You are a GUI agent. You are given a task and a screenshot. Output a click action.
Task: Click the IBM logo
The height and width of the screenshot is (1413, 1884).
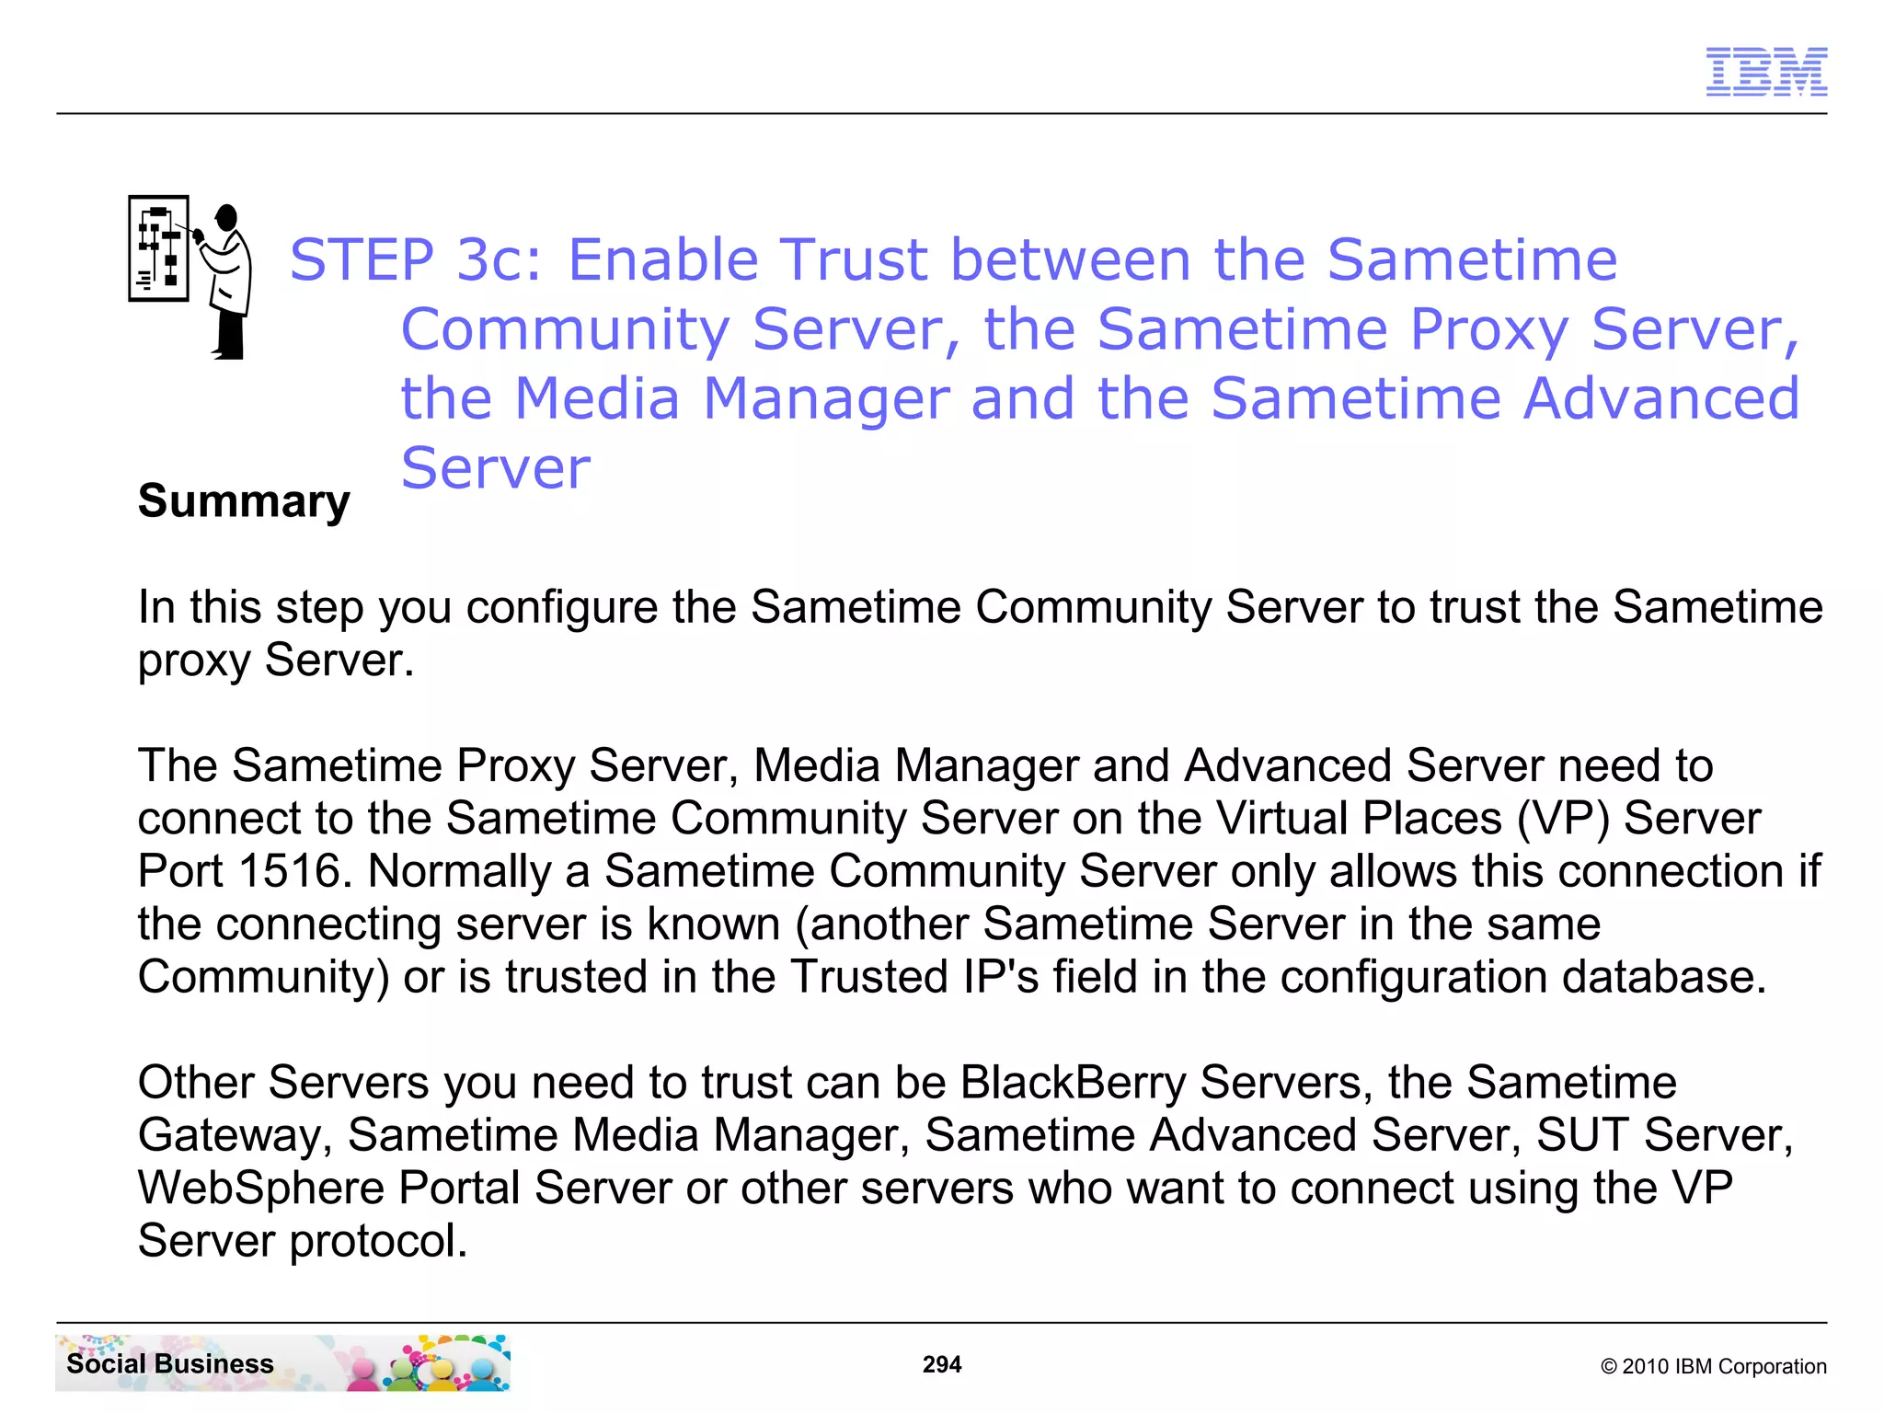[x=1765, y=72]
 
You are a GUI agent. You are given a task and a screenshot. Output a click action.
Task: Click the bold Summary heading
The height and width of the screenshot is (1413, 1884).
[x=244, y=501]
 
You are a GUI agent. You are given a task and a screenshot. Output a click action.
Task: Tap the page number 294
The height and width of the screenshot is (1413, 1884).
[x=941, y=1364]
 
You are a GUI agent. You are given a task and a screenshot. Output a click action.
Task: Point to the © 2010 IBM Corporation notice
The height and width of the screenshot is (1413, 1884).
[x=1713, y=1366]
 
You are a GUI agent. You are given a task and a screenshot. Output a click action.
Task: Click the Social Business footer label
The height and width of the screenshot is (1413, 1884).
[x=170, y=1363]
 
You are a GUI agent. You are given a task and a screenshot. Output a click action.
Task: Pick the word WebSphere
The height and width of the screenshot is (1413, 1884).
[x=260, y=1188]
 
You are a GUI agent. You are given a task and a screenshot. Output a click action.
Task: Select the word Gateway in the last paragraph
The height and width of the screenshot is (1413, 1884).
[x=235, y=1135]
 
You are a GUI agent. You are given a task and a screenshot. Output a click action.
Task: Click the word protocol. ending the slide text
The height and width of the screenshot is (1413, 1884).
[x=378, y=1241]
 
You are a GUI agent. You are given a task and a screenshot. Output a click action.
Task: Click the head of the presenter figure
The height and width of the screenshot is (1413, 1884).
[x=226, y=217]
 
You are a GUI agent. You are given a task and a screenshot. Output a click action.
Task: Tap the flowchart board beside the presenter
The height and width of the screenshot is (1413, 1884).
[x=158, y=248]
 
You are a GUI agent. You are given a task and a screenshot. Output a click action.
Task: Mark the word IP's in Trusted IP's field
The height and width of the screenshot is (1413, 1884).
[x=1001, y=976]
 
